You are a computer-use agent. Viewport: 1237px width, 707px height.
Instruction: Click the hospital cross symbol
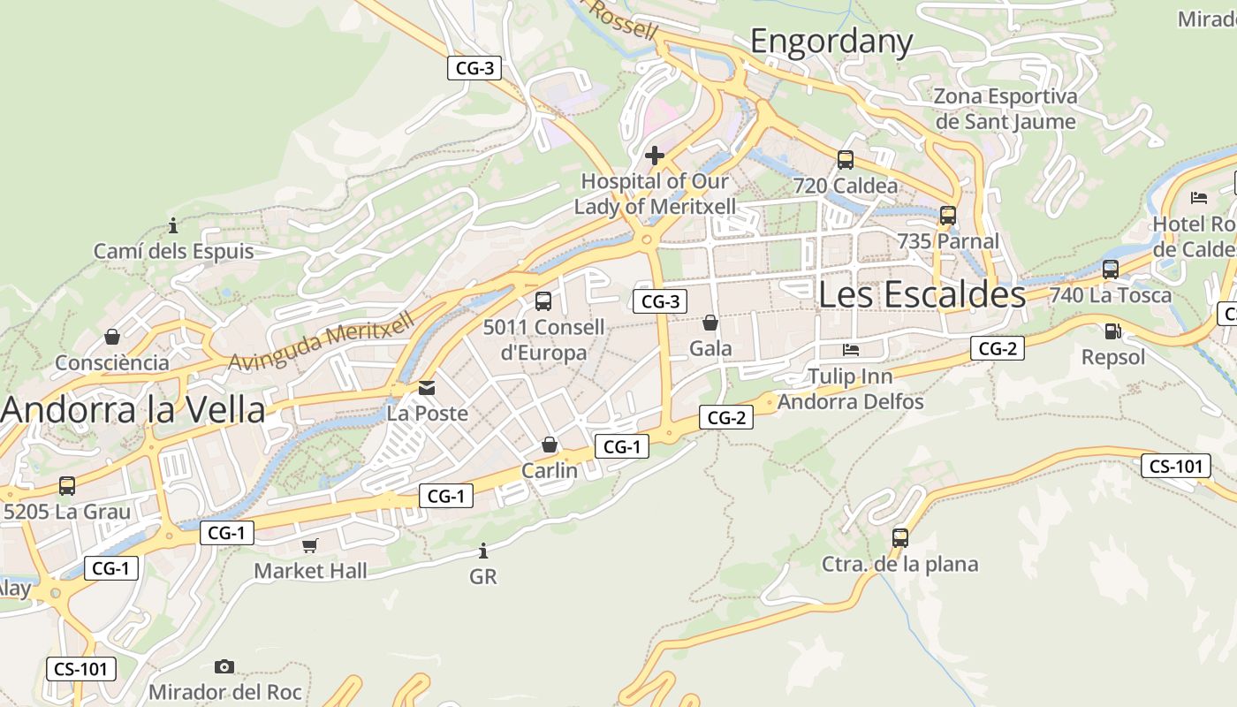[654, 156]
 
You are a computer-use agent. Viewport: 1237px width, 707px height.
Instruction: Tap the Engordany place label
[831, 42]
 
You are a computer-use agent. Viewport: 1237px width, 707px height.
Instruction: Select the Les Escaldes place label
[922, 294]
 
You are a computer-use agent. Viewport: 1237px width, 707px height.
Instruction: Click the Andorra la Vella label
[133, 410]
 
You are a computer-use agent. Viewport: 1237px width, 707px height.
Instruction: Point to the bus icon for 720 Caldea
[846, 160]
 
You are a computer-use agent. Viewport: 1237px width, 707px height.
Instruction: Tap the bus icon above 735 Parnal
[948, 215]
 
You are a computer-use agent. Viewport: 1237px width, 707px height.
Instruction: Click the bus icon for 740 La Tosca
[1111, 270]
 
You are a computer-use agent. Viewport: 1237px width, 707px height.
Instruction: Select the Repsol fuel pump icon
[1113, 331]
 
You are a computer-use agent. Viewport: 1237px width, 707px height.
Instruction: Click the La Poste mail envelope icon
[428, 387]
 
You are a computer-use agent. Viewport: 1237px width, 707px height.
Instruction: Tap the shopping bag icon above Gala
[710, 323]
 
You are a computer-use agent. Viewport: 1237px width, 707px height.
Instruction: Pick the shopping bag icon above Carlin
[550, 445]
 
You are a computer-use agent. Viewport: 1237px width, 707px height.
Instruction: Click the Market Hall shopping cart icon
[309, 545]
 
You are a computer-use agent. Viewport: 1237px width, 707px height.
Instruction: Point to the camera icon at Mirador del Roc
[224, 666]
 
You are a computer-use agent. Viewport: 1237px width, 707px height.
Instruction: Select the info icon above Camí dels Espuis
[173, 225]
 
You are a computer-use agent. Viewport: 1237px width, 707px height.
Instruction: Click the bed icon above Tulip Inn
[851, 351]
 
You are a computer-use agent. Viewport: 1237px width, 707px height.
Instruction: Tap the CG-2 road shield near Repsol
[998, 348]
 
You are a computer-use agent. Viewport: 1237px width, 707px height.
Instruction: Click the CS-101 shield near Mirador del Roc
[80, 668]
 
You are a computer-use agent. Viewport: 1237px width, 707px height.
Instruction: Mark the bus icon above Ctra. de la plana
[900, 537]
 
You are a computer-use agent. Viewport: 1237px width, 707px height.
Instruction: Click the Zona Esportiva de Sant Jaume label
[1006, 109]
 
